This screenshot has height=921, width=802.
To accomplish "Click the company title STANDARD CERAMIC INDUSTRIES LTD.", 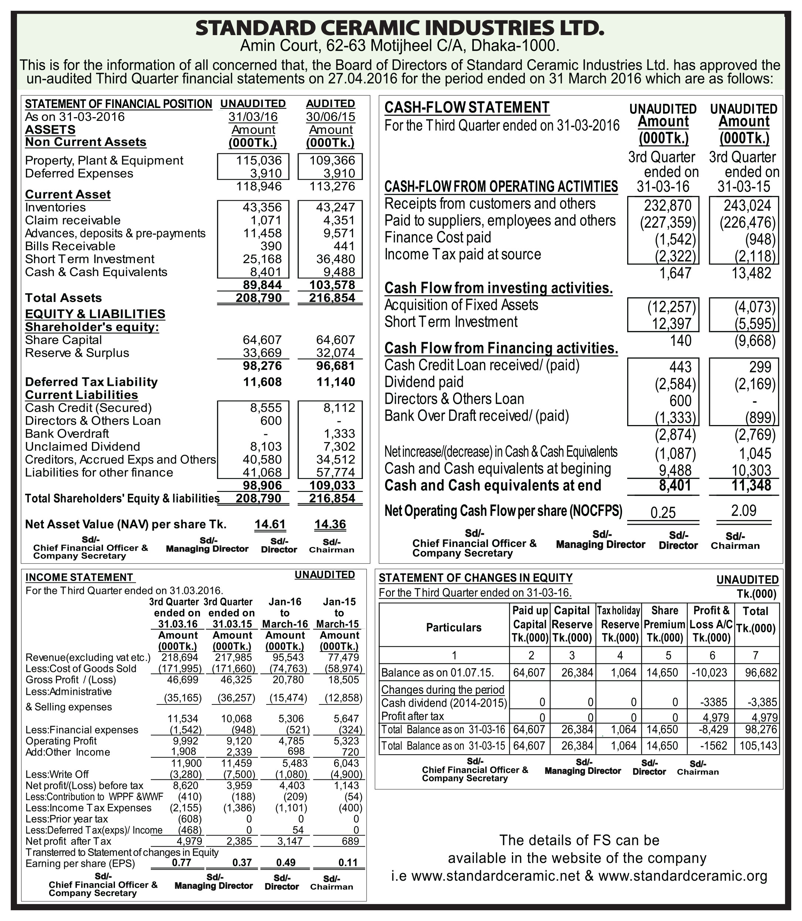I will pos(400,28).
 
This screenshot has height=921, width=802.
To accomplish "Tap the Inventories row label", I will pos(55,207).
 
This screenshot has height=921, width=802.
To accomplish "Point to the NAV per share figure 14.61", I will pos(270,524).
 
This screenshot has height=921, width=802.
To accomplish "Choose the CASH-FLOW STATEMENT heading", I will pos(467,108).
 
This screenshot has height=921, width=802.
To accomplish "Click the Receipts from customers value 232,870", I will pos(668,205).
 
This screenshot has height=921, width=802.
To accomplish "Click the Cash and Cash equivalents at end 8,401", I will pos(675,485).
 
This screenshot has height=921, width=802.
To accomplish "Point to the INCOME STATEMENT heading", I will pos(79,577).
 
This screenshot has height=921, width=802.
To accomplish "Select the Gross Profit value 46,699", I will pos(183,680).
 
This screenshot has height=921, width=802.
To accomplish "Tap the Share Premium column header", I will pos(665,624).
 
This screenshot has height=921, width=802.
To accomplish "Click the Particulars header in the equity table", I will pos(453,628).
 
